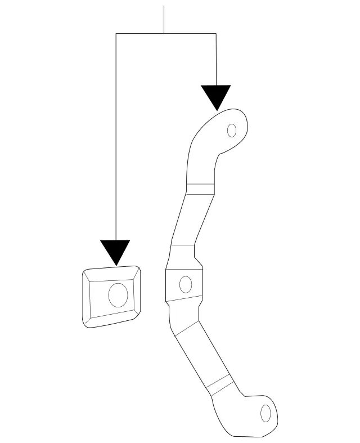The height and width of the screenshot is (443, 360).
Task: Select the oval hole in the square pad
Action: pyautogui.click(x=118, y=295)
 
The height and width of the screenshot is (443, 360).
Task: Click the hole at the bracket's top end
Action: pyautogui.click(x=231, y=131)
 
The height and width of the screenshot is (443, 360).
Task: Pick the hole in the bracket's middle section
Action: pyautogui.click(x=184, y=284)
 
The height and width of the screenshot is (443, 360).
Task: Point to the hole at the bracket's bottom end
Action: pyautogui.click(x=265, y=414)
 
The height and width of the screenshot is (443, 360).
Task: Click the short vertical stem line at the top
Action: pyautogui.click(x=164, y=20)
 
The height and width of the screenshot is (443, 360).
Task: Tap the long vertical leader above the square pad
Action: pyautogui.click(x=115, y=141)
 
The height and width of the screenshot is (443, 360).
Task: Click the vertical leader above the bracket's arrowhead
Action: pyautogui.click(x=216, y=59)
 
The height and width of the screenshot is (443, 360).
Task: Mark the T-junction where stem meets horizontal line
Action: pyautogui.click(x=164, y=34)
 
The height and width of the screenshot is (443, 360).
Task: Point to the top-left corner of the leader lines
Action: pyautogui.click(x=115, y=34)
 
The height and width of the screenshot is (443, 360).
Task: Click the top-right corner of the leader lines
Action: pyautogui.click(x=216, y=34)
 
